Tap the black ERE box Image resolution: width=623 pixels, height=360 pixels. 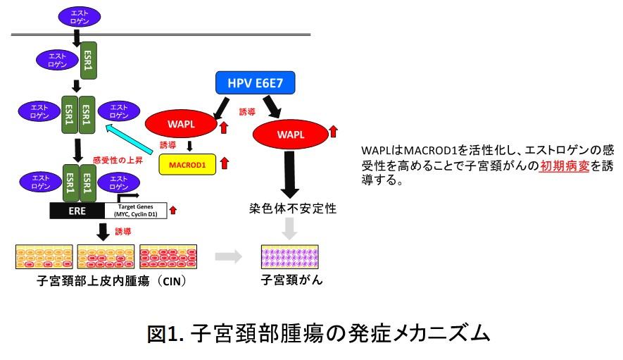tap(77, 210)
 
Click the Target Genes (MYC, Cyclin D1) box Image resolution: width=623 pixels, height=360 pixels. tap(134, 210)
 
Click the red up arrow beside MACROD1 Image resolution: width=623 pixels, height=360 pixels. tap(225, 164)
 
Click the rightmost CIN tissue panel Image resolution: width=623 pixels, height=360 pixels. tap(168, 256)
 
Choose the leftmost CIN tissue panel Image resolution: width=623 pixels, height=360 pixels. tap(43, 256)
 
